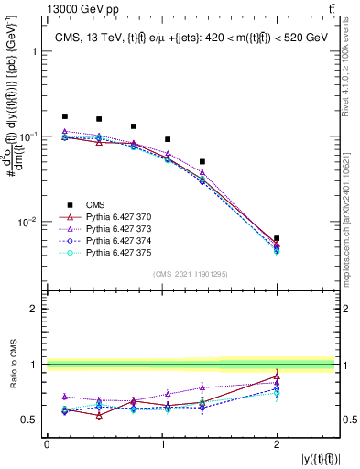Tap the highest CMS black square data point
coord(64,116)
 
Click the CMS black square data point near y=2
coord(277,238)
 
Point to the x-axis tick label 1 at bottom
coord(162,443)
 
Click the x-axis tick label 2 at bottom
coord(277,443)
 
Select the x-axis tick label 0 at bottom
coord(47,443)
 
